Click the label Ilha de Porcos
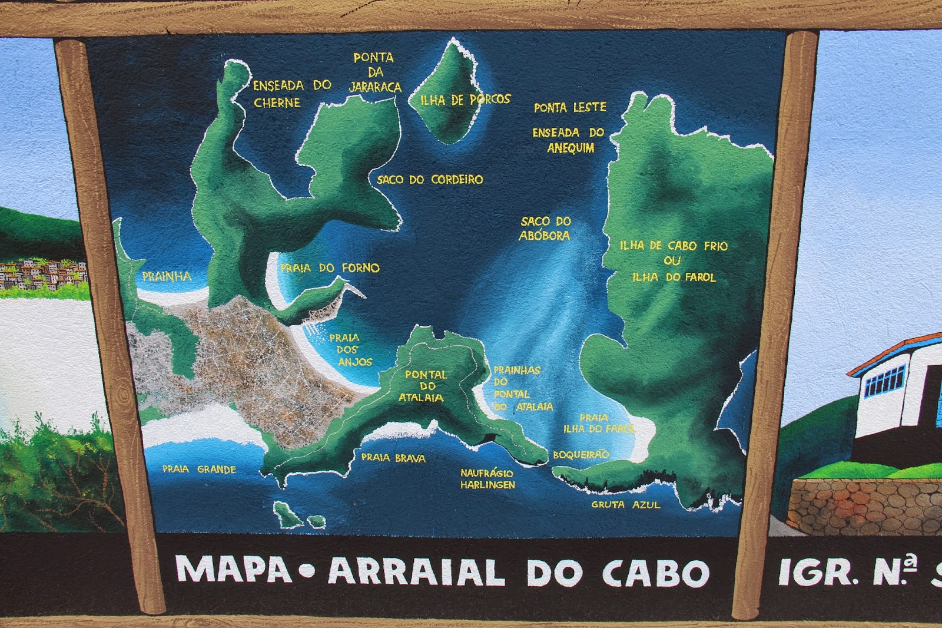coord(465,100)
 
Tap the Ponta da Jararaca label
coord(374,72)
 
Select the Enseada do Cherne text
coord(291,94)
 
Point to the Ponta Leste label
coord(569,107)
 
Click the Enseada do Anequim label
coord(569,140)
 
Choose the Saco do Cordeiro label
coord(430,179)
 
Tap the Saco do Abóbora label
coord(545,228)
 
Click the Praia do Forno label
coord(330,268)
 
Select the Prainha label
coord(167,276)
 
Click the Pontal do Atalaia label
coord(424,386)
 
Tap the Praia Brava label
coord(393,458)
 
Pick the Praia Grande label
coord(199,470)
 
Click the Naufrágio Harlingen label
coord(487,479)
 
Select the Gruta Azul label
coord(626,505)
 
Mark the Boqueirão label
coord(581,455)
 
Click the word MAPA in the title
coord(234,570)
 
